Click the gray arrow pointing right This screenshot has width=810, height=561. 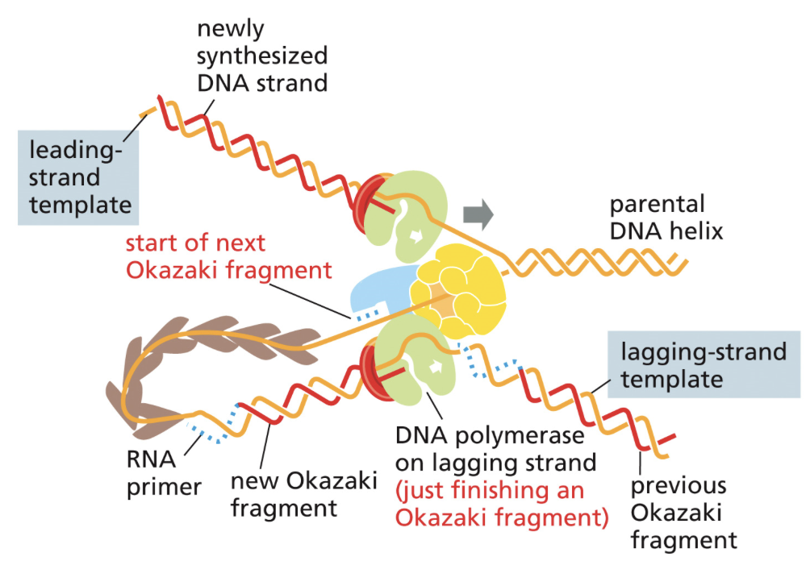click(x=478, y=212)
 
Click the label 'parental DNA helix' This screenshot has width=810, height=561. click(x=666, y=218)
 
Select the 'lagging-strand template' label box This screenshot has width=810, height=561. click(x=703, y=365)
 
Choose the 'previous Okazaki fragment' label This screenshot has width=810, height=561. click(x=683, y=513)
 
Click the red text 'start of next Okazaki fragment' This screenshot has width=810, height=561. click(x=228, y=256)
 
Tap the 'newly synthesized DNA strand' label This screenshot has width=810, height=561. click(x=262, y=56)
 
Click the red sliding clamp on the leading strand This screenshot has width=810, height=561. click(x=370, y=201)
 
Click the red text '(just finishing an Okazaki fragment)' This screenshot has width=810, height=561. click(x=501, y=503)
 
